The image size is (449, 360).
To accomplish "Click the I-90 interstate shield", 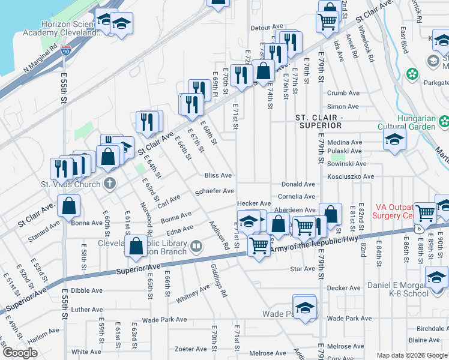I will point(66,50).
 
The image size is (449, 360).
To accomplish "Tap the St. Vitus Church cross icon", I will point(110,184).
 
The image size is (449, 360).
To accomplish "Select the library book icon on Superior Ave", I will point(196,246).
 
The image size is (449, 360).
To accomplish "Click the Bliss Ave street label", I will point(218,176).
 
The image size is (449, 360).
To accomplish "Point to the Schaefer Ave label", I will point(215,191).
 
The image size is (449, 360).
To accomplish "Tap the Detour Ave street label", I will point(267,28).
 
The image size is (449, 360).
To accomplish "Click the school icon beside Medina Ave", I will point(394,140).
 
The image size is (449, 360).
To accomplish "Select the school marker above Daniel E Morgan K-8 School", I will point(436,277).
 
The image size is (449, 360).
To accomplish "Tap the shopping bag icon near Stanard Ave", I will point(70,206).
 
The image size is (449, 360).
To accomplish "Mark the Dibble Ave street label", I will point(86,290).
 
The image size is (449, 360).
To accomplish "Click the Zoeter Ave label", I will point(191,349).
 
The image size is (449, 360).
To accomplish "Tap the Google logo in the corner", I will point(20,353).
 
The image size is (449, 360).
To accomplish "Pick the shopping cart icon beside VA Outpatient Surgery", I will point(426,212).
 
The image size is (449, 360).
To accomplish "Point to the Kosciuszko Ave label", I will point(351,177).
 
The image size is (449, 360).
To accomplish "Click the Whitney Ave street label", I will point(193,296).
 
